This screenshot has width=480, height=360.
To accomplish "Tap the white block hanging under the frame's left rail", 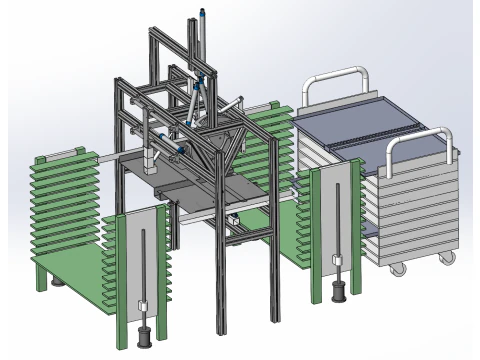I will pyautogui.click(x=152, y=158).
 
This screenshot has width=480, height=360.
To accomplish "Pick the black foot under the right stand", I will pyautogui.click(x=338, y=293).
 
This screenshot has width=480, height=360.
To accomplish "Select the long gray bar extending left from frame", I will pyautogui.click(x=110, y=158).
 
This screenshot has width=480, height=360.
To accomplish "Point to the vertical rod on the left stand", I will pyautogui.click(x=144, y=270).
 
